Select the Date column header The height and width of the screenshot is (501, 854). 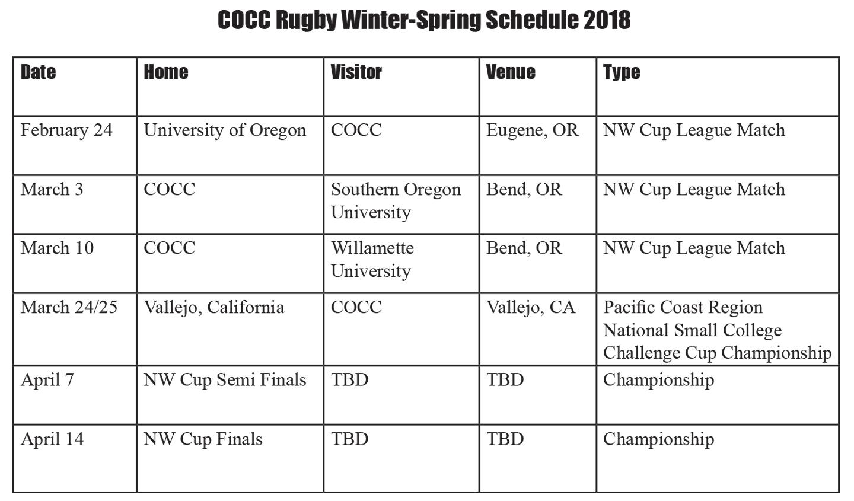coord(38,72)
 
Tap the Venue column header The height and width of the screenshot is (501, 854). coord(511,72)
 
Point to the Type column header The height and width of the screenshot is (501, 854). coord(622,73)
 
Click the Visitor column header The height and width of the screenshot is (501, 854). coord(356,72)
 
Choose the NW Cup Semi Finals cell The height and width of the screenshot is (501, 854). coord(225,380)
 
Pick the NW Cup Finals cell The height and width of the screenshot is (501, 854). coord(203,439)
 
